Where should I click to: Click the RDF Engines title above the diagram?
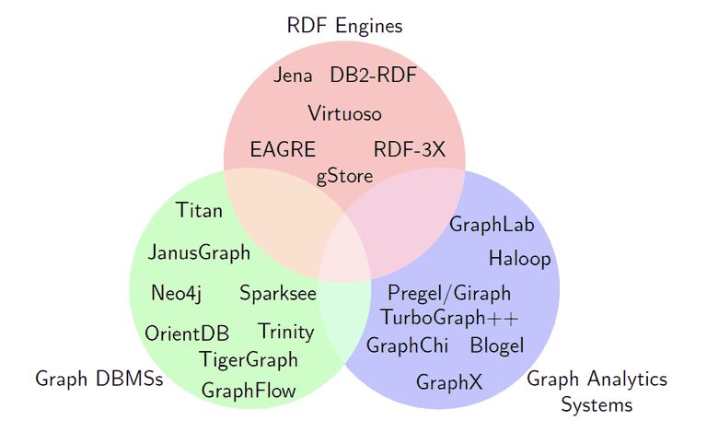(x=344, y=26)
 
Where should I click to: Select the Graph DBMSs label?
(x=99, y=379)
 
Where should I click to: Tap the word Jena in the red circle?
(x=293, y=75)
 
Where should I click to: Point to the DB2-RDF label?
(x=374, y=75)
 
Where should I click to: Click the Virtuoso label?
(x=344, y=113)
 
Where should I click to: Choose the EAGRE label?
(x=283, y=149)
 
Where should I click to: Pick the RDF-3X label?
(x=410, y=149)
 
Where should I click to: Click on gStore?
(x=344, y=177)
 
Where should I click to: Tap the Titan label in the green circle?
(x=199, y=210)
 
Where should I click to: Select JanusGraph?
(x=199, y=252)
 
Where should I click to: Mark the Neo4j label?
(x=177, y=293)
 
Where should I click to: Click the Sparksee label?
(x=278, y=294)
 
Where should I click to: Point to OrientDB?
(x=187, y=333)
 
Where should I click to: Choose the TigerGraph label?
(x=249, y=360)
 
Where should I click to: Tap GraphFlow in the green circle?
(x=249, y=391)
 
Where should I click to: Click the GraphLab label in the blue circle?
(x=492, y=225)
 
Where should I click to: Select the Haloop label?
(x=519, y=259)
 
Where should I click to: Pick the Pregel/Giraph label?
(x=449, y=294)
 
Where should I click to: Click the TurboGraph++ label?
(x=449, y=318)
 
